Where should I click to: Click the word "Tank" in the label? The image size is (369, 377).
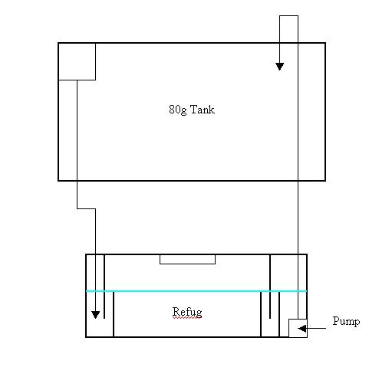[x=203, y=110]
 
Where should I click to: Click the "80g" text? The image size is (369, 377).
[x=177, y=110]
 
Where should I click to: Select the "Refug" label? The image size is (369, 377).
[x=187, y=312]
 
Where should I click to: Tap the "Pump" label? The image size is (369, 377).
[x=346, y=322]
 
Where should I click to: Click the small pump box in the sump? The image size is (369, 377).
[x=298, y=328]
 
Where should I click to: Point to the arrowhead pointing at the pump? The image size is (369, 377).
[x=302, y=328]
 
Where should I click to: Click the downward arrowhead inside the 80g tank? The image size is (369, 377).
[x=279, y=67]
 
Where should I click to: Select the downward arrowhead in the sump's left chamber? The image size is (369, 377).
[x=95, y=315]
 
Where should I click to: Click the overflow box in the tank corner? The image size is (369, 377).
[x=77, y=61]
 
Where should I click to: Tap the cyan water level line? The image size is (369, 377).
[x=196, y=291]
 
